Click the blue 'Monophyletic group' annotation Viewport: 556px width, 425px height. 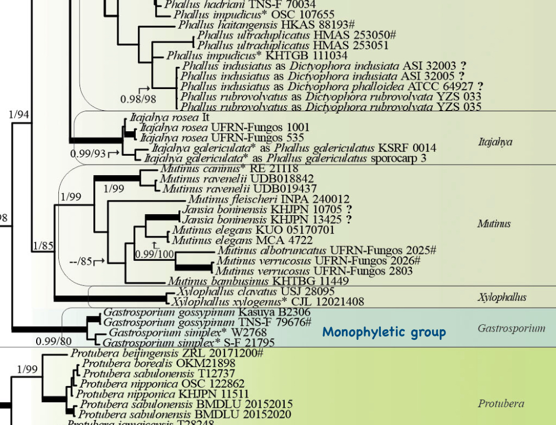[x=384, y=333]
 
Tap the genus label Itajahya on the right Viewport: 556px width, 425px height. [x=495, y=142]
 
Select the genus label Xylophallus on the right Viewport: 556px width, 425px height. [x=502, y=298]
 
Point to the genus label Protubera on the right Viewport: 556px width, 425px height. [x=501, y=404]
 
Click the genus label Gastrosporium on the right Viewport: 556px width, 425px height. [x=511, y=328]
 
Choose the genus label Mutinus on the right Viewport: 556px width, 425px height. [x=494, y=224]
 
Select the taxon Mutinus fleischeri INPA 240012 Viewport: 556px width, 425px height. [x=269, y=199]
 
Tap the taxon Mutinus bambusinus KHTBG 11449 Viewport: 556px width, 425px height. [x=258, y=281]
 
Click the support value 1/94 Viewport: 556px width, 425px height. [x=20, y=115]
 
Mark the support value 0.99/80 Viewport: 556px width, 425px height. [x=53, y=341]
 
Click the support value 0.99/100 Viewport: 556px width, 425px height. [x=155, y=254]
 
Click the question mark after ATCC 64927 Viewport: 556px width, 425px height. [x=480, y=86]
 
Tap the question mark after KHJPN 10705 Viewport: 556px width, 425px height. [x=349, y=209]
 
